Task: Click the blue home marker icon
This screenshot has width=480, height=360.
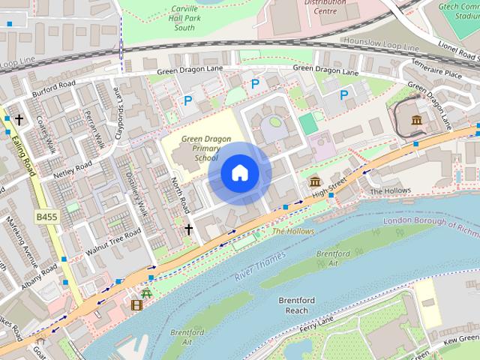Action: [x=239, y=173]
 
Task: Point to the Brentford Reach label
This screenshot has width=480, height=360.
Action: [x=297, y=305]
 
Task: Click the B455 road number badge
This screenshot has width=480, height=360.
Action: [x=47, y=217]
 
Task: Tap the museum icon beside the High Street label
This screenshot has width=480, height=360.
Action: [x=315, y=182]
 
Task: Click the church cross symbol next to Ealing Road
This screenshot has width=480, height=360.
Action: [x=19, y=119]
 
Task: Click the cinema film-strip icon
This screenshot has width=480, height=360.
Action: [x=136, y=304]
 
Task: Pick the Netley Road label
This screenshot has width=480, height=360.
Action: [x=71, y=171]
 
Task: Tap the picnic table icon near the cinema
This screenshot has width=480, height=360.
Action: [x=147, y=292]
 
